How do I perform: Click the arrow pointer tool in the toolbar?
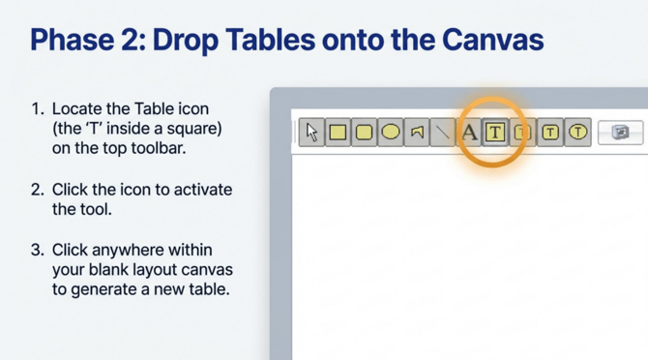[x=312, y=133]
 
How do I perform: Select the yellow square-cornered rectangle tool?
[x=339, y=133]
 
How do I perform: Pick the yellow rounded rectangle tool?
[x=364, y=133]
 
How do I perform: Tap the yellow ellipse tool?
[x=391, y=133]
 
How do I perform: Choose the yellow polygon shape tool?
[x=417, y=133]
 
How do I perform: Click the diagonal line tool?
[x=443, y=133]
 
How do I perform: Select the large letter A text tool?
[x=469, y=133]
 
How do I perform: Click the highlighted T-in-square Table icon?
[x=495, y=133]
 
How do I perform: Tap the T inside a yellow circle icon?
[x=577, y=133]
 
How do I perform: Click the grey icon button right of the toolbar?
[x=620, y=133]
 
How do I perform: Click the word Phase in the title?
[x=73, y=40]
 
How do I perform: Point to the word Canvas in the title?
[x=492, y=40]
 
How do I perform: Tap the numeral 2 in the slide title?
[x=130, y=40]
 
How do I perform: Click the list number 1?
[x=38, y=109]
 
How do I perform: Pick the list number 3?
[x=37, y=250]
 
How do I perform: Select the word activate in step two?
[x=203, y=190]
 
